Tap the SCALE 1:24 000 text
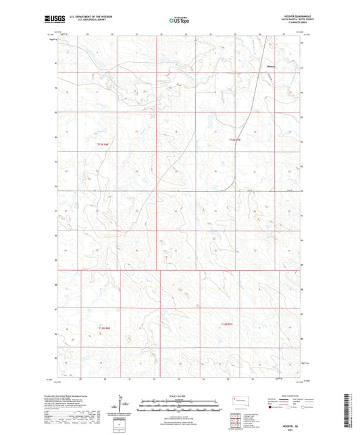point(179,395)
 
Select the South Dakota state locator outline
point(238,399)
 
